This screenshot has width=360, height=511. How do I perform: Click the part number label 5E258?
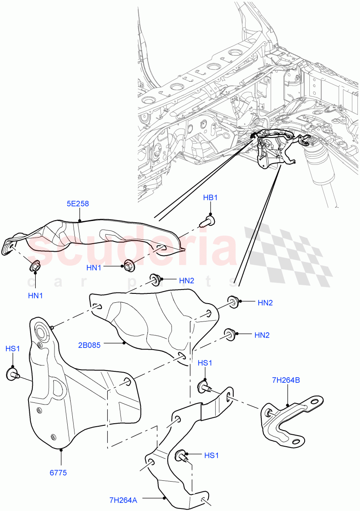[77, 204]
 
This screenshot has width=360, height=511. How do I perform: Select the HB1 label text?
[210, 198]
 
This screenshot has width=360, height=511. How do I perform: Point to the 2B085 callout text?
[89, 345]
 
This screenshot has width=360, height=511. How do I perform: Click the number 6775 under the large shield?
[58, 472]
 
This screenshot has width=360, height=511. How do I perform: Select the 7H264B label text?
[286, 380]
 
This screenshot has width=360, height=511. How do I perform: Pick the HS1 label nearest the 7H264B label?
[205, 363]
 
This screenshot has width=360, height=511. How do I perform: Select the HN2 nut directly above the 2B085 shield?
[154, 279]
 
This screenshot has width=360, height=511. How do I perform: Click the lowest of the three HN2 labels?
[263, 335]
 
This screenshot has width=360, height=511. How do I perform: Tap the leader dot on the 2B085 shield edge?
[124, 343]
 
